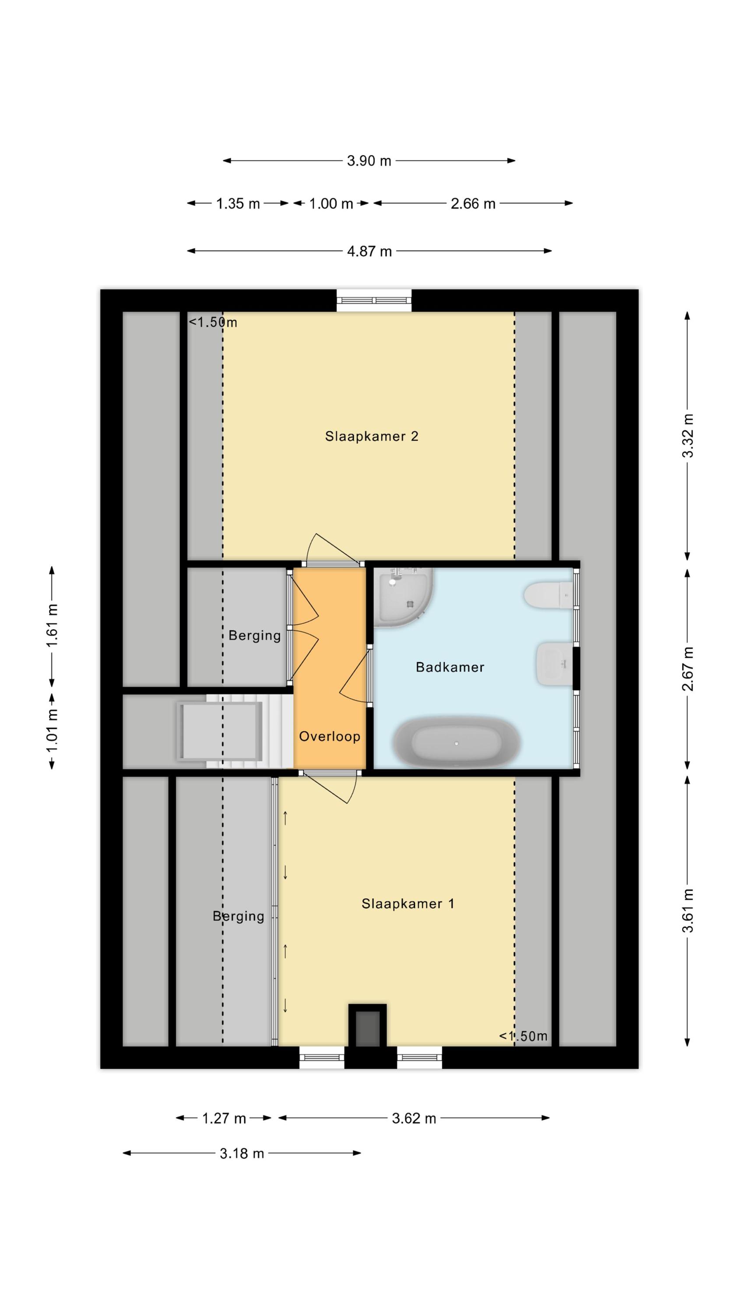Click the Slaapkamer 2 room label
(371, 436)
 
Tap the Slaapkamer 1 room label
(408, 903)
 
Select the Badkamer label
(449, 667)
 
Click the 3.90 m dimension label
(369, 161)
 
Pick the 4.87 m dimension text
(369, 251)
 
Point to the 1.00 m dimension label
(331, 204)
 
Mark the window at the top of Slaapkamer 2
(373, 300)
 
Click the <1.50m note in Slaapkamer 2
(213, 322)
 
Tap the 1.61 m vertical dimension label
(52, 625)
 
